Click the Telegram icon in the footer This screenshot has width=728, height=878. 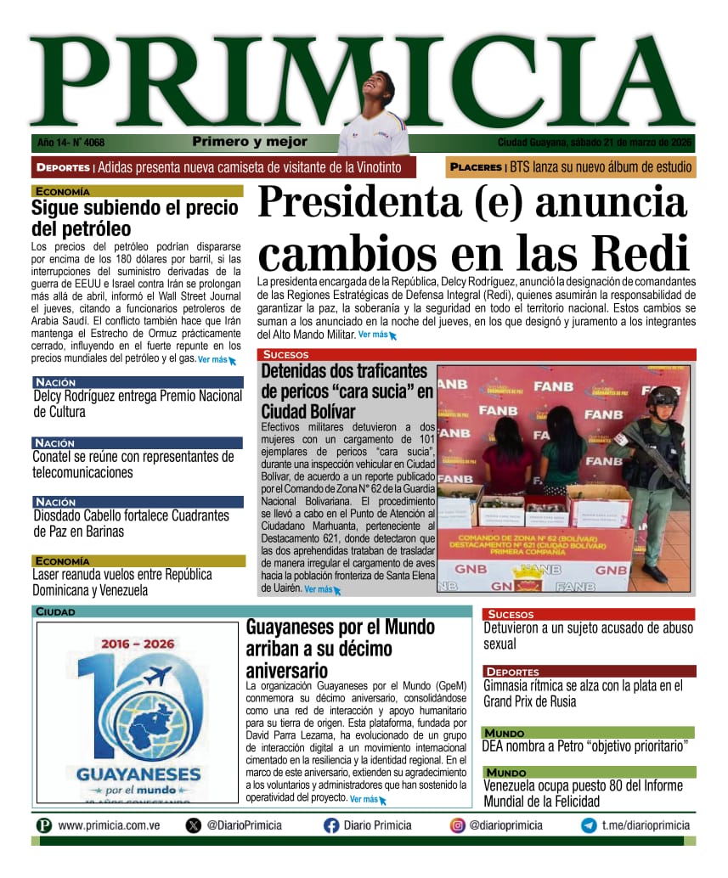tap(588, 825)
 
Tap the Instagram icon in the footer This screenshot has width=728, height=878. tap(457, 825)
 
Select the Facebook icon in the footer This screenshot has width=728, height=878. tap(331, 825)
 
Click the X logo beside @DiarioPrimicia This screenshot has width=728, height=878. tap(194, 825)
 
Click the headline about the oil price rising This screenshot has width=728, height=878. tap(136, 218)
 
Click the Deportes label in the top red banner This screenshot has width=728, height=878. tap(63, 168)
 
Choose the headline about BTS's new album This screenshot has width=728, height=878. tap(601, 167)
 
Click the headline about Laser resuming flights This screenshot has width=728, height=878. tap(122, 582)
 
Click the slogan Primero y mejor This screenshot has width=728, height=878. tap(250, 142)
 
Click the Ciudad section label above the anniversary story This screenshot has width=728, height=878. tap(55, 611)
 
